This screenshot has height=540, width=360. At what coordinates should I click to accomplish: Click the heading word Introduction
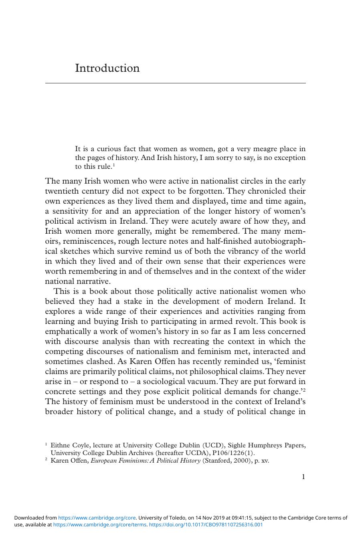[x=107, y=68]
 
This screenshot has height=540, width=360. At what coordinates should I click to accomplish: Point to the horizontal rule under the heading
[x=175, y=83]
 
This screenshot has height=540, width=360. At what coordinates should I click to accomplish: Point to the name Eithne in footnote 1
[x=60, y=445]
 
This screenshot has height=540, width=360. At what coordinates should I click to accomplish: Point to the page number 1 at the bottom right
[x=303, y=477]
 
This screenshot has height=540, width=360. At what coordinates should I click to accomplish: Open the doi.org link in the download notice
[x=206, y=524]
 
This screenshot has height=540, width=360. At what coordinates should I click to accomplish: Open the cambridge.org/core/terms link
[x=100, y=524]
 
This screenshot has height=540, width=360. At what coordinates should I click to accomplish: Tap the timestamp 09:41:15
[x=241, y=518]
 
